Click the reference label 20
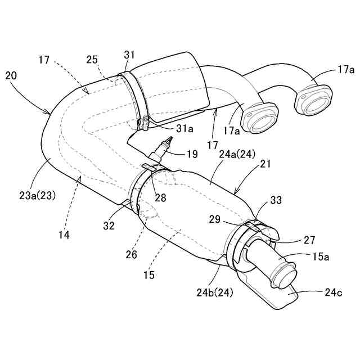[x=12, y=75]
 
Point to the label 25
[x=93, y=59]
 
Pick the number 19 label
[x=192, y=153]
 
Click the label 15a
[x=321, y=257]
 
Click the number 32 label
[x=109, y=226]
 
